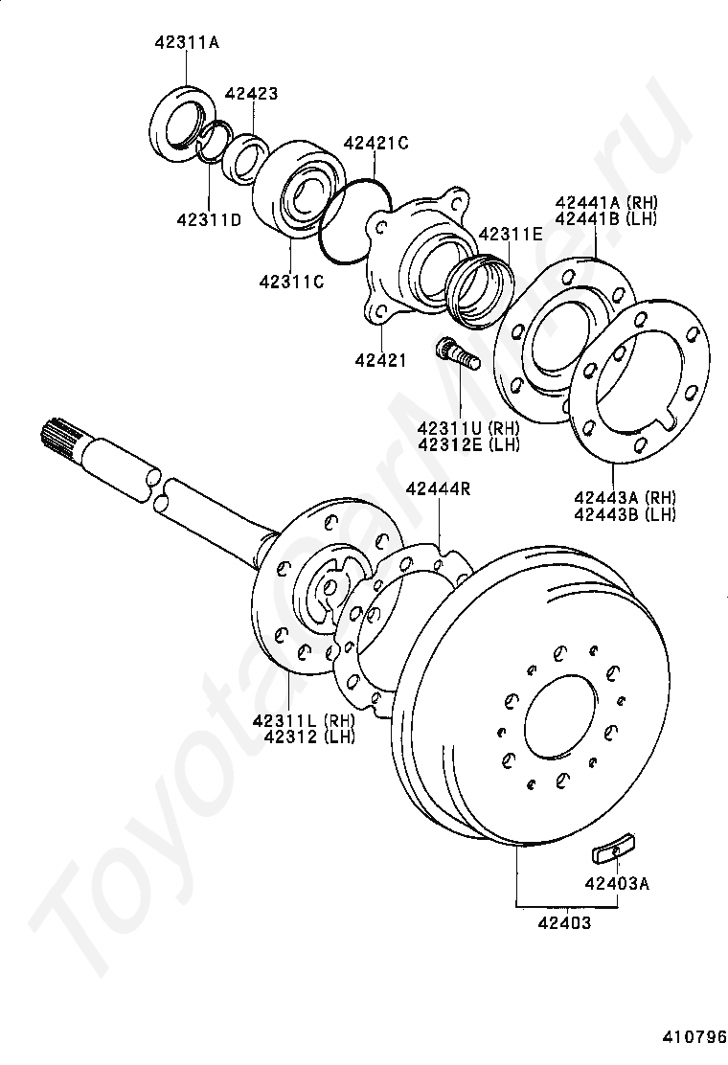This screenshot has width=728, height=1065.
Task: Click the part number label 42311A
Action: coord(187,42)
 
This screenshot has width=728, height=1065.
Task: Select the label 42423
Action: coord(251,94)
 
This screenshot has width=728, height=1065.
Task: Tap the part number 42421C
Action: coord(376,143)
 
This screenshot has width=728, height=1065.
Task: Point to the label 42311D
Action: coord(208,220)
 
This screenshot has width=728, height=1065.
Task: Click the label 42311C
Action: coord(291,282)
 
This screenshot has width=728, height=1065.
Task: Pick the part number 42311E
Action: coord(510,233)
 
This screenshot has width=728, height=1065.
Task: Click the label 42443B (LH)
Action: coord(625,514)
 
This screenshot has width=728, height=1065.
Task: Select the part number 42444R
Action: coord(438,488)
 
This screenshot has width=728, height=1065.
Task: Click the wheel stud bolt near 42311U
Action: coord(458,353)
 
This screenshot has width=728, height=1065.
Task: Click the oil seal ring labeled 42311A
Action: coord(180,120)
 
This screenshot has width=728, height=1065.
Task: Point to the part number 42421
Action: coord(380,360)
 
